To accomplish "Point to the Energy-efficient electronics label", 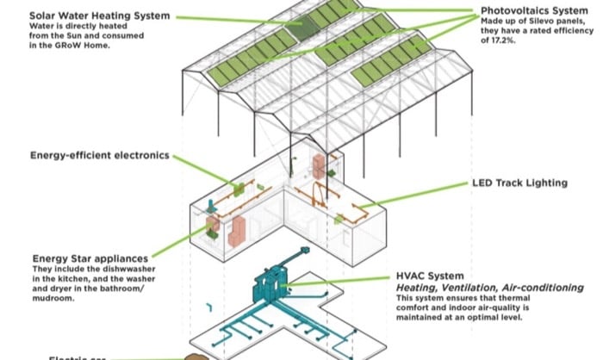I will coord(99,156).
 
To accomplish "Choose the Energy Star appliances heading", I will coord(90,258).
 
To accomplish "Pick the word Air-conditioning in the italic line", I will coord(539,287).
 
